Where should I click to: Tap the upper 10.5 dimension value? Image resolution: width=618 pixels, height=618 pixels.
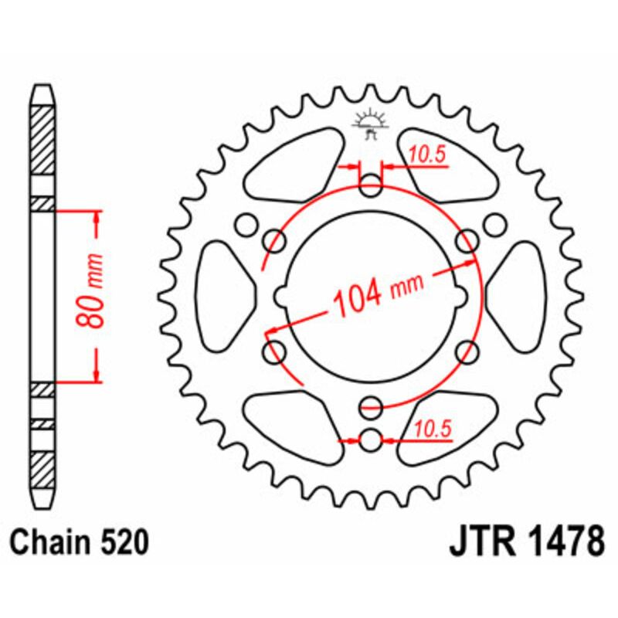pyautogui.click(x=428, y=155)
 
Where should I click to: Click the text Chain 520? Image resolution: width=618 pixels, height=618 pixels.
pyautogui.click(x=80, y=543)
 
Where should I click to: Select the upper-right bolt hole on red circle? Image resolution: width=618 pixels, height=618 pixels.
pyautogui.click(x=467, y=241)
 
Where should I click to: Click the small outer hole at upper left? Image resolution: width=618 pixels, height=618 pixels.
pyautogui.click(x=247, y=225)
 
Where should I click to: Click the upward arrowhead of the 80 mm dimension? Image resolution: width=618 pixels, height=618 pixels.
pyautogui.click(x=96, y=216)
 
